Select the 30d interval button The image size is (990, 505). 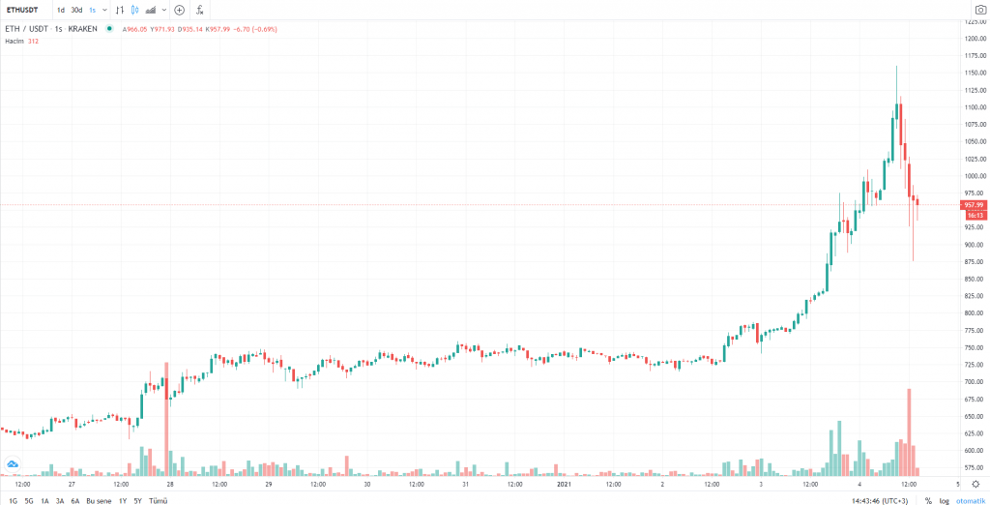[76, 10]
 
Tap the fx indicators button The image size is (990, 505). [199, 10]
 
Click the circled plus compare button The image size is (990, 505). [179, 10]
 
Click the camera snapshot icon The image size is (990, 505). [978, 10]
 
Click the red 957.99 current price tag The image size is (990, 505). [973, 205]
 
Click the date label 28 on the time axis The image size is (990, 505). [170, 484]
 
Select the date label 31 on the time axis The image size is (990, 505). [465, 484]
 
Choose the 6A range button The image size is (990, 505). [74, 500]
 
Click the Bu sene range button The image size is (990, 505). [98, 500]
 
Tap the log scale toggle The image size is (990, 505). [944, 500]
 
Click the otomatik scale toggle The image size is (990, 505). [970, 500]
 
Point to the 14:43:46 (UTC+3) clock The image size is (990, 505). [879, 500]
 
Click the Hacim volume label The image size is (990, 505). [14, 41]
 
